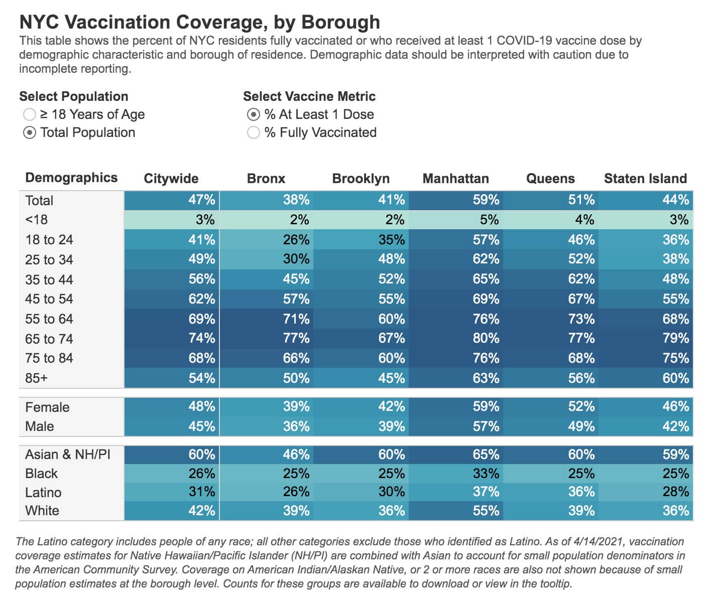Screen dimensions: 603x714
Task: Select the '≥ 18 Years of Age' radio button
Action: (x=30, y=115)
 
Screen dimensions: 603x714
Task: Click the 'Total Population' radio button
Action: (x=30, y=133)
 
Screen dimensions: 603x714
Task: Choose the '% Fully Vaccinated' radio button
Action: (x=254, y=133)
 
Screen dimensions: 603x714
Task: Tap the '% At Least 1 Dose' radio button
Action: (x=254, y=115)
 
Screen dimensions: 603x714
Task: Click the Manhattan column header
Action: (x=455, y=179)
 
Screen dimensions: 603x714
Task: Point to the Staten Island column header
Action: (x=645, y=179)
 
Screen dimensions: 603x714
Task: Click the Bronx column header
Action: (x=266, y=179)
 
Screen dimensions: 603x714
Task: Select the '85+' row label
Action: (x=36, y=378)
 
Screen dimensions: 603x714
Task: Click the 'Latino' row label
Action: (x=43, y=493)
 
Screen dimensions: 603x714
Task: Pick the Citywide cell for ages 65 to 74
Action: (x=172, y=339)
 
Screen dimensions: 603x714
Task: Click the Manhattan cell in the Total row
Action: (x=456, y=200)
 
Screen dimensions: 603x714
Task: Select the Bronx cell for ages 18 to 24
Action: (x=267, y=240)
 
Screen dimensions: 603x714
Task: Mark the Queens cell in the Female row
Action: (x=551, y=406)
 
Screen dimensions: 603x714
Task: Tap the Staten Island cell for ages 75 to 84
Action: (x=646, y=358)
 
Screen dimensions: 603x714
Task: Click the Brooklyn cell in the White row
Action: (x=361, y=511)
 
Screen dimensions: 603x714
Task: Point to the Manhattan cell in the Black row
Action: (x=456, y=474)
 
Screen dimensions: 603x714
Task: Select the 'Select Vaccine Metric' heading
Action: (x=309, y=96)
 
